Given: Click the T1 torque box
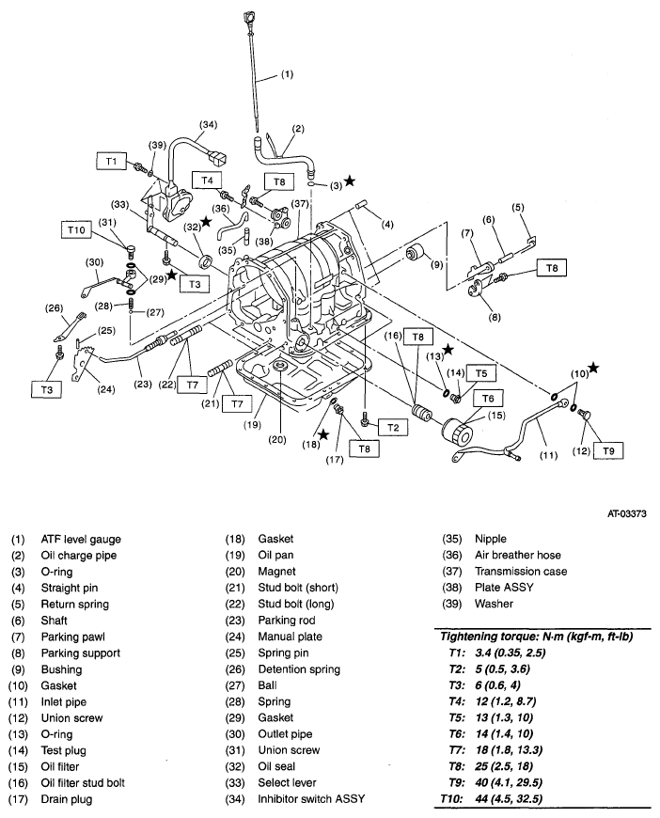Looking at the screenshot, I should pyautogui.click(x=110, y=162).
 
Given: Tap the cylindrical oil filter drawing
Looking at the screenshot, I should pyautogui.click(x=462, y=435).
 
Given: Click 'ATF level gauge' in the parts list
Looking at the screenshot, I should pyautogui.click(x=81, y=539).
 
